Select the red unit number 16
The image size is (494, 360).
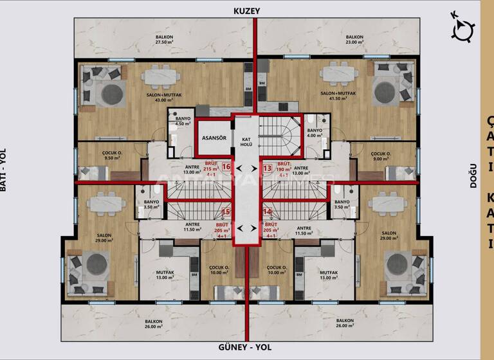(x=226, y=167)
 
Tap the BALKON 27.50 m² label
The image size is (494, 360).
(x=163, y=40)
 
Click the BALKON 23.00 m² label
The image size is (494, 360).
(x=354, y=40)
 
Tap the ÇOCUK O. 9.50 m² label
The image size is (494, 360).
(x=113, y=155)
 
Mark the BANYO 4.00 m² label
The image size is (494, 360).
(x=315, y=133)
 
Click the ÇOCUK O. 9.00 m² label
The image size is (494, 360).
(x=381, y=155)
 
